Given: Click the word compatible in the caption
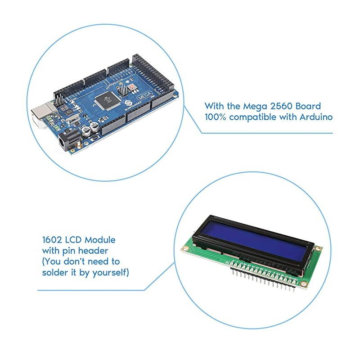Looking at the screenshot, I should tap(258, 117).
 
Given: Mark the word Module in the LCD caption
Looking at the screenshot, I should tap(100, 240).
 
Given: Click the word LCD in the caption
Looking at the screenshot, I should tap(74, 240).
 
